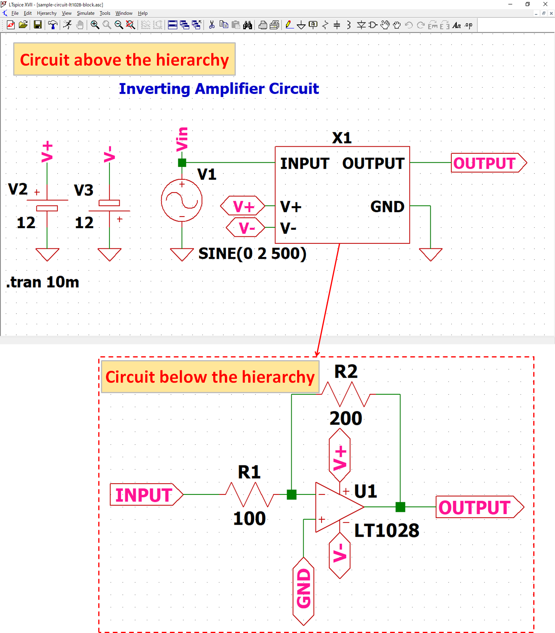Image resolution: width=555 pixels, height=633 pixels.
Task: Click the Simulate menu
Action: (x=85, y=13)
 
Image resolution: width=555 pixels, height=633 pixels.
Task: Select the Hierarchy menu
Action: (x=47, y=13)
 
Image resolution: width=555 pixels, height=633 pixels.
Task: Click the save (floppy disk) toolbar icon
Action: (x=38, y=25)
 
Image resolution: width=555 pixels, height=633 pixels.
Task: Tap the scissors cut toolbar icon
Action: (x=212, y=25)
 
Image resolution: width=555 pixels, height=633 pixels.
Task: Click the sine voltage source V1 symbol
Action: (x=182, y=200)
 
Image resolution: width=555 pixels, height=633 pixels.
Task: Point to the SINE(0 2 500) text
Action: (x=252, y=253)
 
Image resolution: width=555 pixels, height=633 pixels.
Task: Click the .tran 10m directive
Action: (x=43, y=282)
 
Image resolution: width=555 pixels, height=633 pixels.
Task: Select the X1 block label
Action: (x=342, y=138)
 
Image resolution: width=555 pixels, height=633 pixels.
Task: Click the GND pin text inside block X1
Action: (x=387, y=206)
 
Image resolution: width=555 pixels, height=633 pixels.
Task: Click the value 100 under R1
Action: (x=249, y=519)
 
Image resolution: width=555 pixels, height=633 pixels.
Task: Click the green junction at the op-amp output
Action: (x=400, y=507)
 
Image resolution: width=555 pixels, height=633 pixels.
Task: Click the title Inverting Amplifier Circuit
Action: (x=219, y=89)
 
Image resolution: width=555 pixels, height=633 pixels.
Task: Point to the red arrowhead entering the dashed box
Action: (x=317, y=354)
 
